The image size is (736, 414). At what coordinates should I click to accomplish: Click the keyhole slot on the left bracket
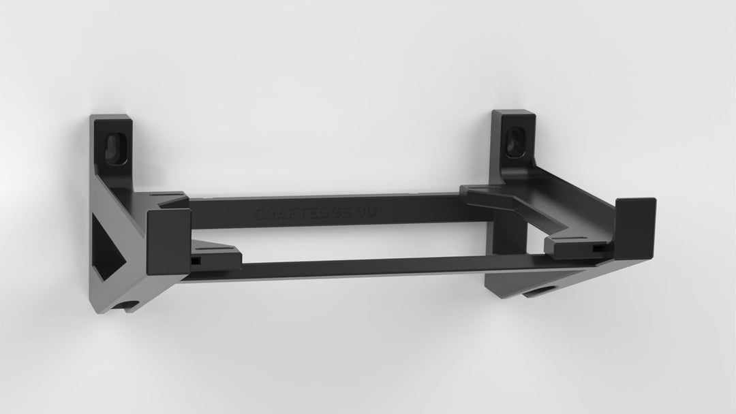pyautogui.click(x=112, y=145)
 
